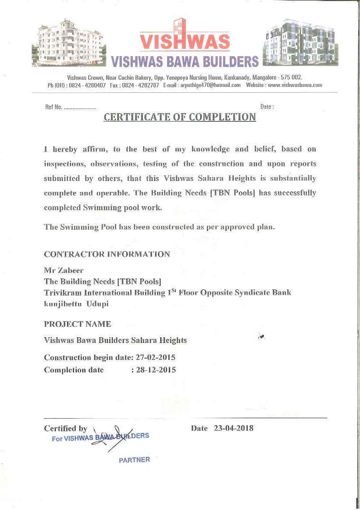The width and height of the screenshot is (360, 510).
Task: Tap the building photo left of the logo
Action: coord(68,42)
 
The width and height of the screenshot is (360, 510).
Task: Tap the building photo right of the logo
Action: coord(300,42)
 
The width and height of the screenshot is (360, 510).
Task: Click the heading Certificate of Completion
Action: coord(180,117)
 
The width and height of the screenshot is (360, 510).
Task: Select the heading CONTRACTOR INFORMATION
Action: coord(107,254)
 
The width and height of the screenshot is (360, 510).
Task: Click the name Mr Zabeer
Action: coord(64,270)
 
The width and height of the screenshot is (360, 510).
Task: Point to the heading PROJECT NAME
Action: coord(77,324)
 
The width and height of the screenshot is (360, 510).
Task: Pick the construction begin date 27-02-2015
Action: coord(155,358)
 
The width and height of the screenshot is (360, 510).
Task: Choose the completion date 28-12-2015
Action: coord(156,370)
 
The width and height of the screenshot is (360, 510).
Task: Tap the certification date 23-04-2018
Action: coord(234,428)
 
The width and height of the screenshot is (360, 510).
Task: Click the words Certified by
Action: coord(66,429)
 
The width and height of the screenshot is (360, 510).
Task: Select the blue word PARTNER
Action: coord(134,460)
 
